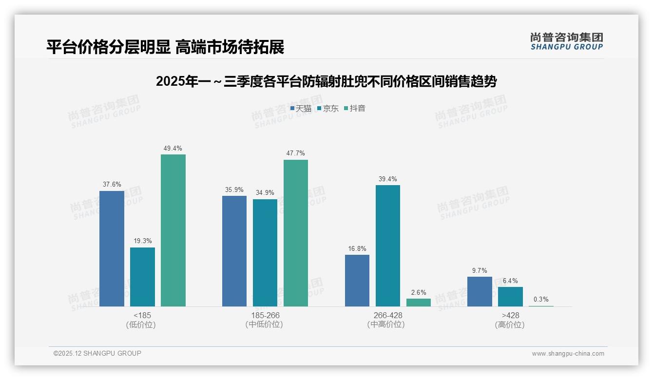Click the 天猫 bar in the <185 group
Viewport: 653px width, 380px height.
click(112, 248)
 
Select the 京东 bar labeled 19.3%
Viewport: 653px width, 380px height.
click(142, 277)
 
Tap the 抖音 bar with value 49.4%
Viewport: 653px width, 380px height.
click(173, 230)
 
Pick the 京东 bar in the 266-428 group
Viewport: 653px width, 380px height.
click(388, 246)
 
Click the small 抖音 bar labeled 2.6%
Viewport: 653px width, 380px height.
click(419, 303)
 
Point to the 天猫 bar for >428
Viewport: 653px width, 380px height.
click(480, 291)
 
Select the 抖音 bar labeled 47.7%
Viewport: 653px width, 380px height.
click(296, 233)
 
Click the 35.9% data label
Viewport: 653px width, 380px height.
click(234, 190)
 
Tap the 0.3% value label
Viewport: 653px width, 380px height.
click(541, 300)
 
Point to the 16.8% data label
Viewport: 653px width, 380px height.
click(357, 249)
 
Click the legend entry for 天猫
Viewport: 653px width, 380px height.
click(300, 108)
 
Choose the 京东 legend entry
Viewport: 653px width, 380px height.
click(327, 108)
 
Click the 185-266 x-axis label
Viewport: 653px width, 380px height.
click(265, 315)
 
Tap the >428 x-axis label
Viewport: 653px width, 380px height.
click(510, 315)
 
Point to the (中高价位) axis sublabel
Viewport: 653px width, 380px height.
click(387, 324)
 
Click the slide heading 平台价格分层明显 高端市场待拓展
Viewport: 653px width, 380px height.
click(165, 47)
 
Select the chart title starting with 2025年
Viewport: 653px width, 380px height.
click(326, 81)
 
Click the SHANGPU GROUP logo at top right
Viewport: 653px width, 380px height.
click(566, 41)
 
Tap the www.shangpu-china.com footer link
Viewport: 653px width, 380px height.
click(568, 354)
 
